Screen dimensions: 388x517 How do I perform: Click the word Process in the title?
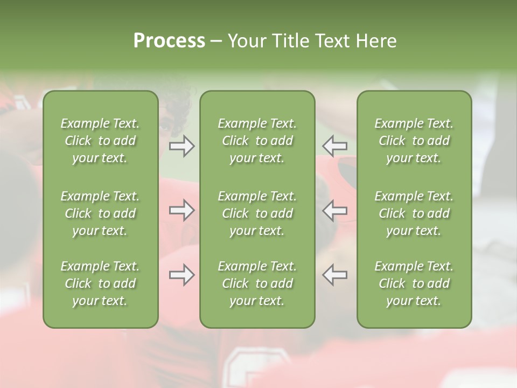(169, 41)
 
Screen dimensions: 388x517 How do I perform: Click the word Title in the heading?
(289, 41)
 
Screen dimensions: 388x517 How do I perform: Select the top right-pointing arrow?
(181, 146)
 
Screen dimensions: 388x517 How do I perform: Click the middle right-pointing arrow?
(181, 210)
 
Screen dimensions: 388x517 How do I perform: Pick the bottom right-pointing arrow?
(181, 275)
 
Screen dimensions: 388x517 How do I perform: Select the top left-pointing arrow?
(335, 146)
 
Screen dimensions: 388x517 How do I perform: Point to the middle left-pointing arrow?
(335, 210)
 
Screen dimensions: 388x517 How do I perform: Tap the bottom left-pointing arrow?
(335, 275)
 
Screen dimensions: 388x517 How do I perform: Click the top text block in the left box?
(100, 141)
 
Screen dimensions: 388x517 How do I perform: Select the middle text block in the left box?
(100, 213)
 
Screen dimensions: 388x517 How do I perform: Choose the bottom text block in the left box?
(100, 283)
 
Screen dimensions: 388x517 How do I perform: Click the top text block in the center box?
(257, 141)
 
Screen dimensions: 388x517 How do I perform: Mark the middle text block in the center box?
(257, 213)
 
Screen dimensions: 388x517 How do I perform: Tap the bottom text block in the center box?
(257, 283)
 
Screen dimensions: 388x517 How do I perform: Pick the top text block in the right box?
(414, 141)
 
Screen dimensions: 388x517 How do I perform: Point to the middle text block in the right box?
(414, 213)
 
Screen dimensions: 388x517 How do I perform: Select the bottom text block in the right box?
(414, 283)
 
